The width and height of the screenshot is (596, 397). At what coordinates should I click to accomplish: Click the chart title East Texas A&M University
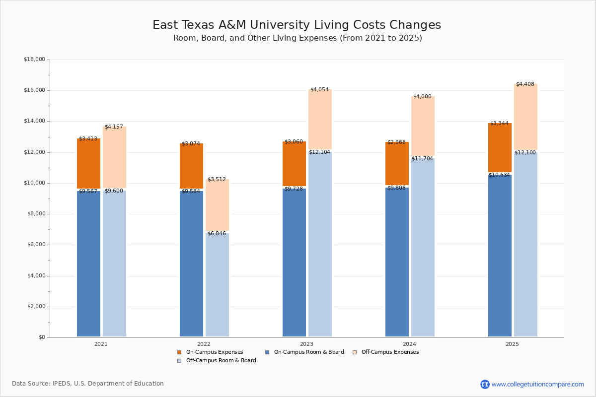(297, 25)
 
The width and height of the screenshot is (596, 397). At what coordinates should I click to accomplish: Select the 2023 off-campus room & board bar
(320, 243)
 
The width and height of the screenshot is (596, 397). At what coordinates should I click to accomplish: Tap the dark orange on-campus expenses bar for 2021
(88, 164)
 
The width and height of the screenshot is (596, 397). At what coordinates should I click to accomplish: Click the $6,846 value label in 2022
(217, 233)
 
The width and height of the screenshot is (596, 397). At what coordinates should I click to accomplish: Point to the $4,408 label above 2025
(525, 84)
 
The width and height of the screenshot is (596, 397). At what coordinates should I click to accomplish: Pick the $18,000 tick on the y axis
(34, 60)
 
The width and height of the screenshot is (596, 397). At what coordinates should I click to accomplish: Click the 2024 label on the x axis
(409, 344)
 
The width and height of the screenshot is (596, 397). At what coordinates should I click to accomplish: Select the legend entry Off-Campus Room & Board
(221, 361)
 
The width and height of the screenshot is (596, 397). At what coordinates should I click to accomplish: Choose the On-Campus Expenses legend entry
(214, 352)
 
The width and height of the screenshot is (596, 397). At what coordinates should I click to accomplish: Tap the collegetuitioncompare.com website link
(537, 384)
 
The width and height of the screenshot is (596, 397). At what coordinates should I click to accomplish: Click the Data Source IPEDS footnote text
(88, 384)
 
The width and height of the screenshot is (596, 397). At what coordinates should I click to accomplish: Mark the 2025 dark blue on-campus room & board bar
(500, 256)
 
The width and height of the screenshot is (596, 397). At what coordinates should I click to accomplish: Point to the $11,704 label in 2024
(422, 159)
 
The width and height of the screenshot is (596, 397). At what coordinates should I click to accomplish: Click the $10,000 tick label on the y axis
(34, 183)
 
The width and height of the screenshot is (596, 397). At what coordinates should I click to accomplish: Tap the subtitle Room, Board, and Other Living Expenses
(298, 38)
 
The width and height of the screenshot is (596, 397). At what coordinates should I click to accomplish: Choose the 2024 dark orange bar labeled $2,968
(397, 164)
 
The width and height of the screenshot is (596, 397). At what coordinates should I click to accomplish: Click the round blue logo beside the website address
(485, 384)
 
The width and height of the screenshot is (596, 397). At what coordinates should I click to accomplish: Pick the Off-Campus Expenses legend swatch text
(389, 352)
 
